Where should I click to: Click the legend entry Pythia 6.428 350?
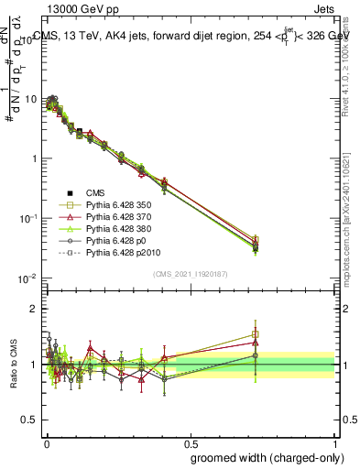[111, 205]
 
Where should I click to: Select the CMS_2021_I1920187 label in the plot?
[190, 274]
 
